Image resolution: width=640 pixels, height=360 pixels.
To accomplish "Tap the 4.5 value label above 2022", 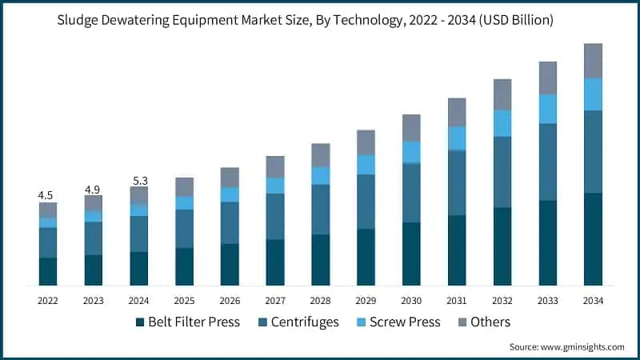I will (x=47, y=194).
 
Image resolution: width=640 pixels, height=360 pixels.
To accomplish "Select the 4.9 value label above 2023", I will (x=93, y=189).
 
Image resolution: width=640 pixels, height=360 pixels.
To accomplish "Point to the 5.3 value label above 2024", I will (x=138, y=181).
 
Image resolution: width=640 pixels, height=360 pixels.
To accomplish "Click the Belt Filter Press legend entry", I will (x=188, y=322).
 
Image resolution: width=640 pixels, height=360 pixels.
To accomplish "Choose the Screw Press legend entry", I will (x=398, y=322).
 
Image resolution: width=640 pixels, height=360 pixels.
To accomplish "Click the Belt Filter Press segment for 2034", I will (x=593, y=239).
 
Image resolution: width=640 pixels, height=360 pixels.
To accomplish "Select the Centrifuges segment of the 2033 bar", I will (x=547, y=162).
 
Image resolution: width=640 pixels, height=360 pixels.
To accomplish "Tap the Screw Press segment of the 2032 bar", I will (x=502, y=123).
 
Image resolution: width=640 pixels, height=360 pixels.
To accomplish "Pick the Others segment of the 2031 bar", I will (x=457, y=112).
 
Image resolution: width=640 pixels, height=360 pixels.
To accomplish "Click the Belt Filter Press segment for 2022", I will (x=47, y=271).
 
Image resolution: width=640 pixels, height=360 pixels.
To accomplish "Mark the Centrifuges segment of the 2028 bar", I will (x=321, y=209).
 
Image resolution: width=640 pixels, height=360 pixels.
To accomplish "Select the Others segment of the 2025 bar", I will (x=184, y=186).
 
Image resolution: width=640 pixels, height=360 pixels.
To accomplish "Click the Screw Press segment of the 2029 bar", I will (x=366, y=164).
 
